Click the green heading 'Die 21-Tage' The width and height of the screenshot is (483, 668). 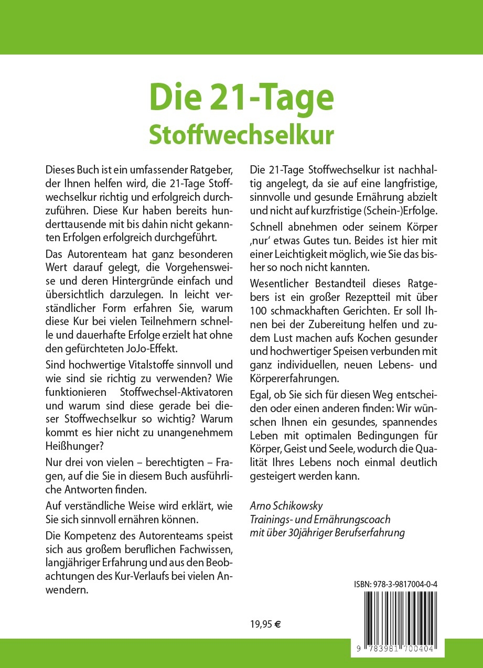(x=241, y=98)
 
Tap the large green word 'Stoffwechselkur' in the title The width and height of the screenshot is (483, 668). (x=241, y=134)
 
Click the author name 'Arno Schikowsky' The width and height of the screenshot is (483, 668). (x=286, y=506)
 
